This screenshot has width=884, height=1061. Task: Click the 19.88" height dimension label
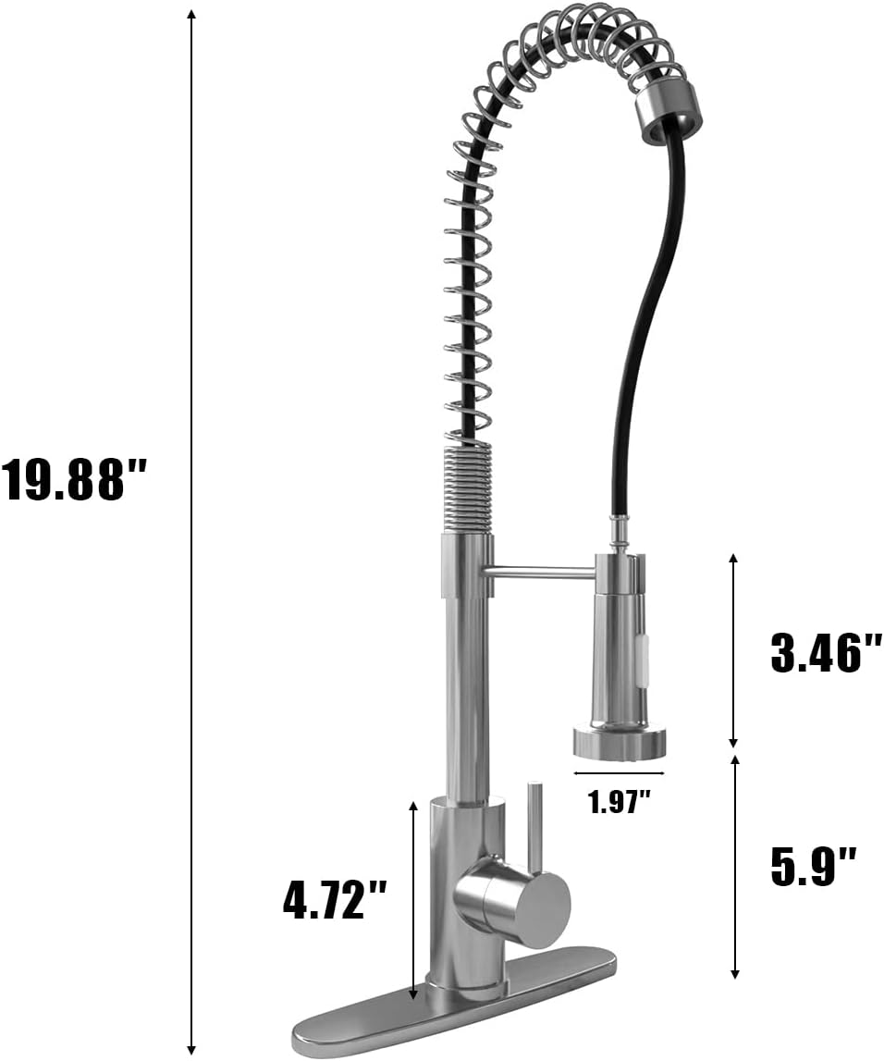point(72,479)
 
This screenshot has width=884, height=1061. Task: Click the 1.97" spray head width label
point(619,802)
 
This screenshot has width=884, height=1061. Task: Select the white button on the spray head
point(643,658)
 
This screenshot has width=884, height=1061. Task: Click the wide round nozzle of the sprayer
point(619,741)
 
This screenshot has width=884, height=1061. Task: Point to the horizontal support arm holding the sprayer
point(541,573)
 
